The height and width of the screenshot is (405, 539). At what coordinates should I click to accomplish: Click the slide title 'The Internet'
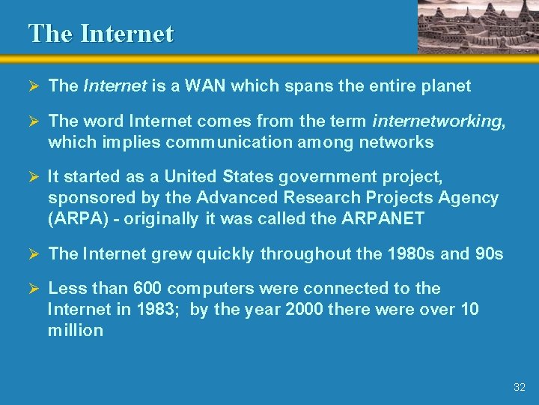point(100,34)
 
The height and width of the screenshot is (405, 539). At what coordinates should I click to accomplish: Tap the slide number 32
point(520,388)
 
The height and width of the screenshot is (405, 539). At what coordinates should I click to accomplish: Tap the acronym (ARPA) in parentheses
point(73,219)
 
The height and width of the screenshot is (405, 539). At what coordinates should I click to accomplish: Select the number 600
point(147,289)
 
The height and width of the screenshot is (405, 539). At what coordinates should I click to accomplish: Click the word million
point(75,330)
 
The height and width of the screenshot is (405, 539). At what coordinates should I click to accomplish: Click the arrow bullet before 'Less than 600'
point(33,289)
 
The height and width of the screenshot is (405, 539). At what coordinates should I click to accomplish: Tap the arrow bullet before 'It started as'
point(33,177)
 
